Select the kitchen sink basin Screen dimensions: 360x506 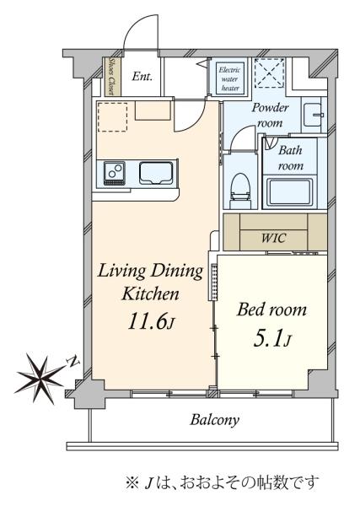click(156, 173)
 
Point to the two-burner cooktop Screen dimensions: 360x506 click(114, 174)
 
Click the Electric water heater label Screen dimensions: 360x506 click(230, 78)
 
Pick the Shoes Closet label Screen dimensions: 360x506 click(111, 77)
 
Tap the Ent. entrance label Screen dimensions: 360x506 click(142, 77)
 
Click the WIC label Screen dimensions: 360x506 click(273, 238)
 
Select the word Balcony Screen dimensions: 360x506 click(215, 420)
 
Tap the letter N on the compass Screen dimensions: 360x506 click(74, 362)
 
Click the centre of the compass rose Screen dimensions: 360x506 click(41, 377)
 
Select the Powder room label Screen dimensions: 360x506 click(270, 116)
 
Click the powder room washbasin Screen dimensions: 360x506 click(312, 115)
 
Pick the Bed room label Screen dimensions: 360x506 click(272, 310)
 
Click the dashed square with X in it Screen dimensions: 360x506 click(270, 73)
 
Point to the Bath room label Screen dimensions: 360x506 click(291, 158)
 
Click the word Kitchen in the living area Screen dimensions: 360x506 click(150, 294)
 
